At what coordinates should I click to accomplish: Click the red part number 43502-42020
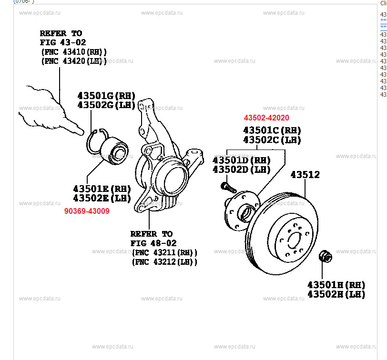tap(266, 118)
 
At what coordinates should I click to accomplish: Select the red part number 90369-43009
tap(87, 210)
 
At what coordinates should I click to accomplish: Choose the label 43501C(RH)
tap(272, 130)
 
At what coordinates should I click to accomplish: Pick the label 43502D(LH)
tap(241, 170)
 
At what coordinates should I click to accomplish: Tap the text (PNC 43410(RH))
tap(74, 51)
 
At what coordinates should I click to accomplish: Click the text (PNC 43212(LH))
tap(164, 261)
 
